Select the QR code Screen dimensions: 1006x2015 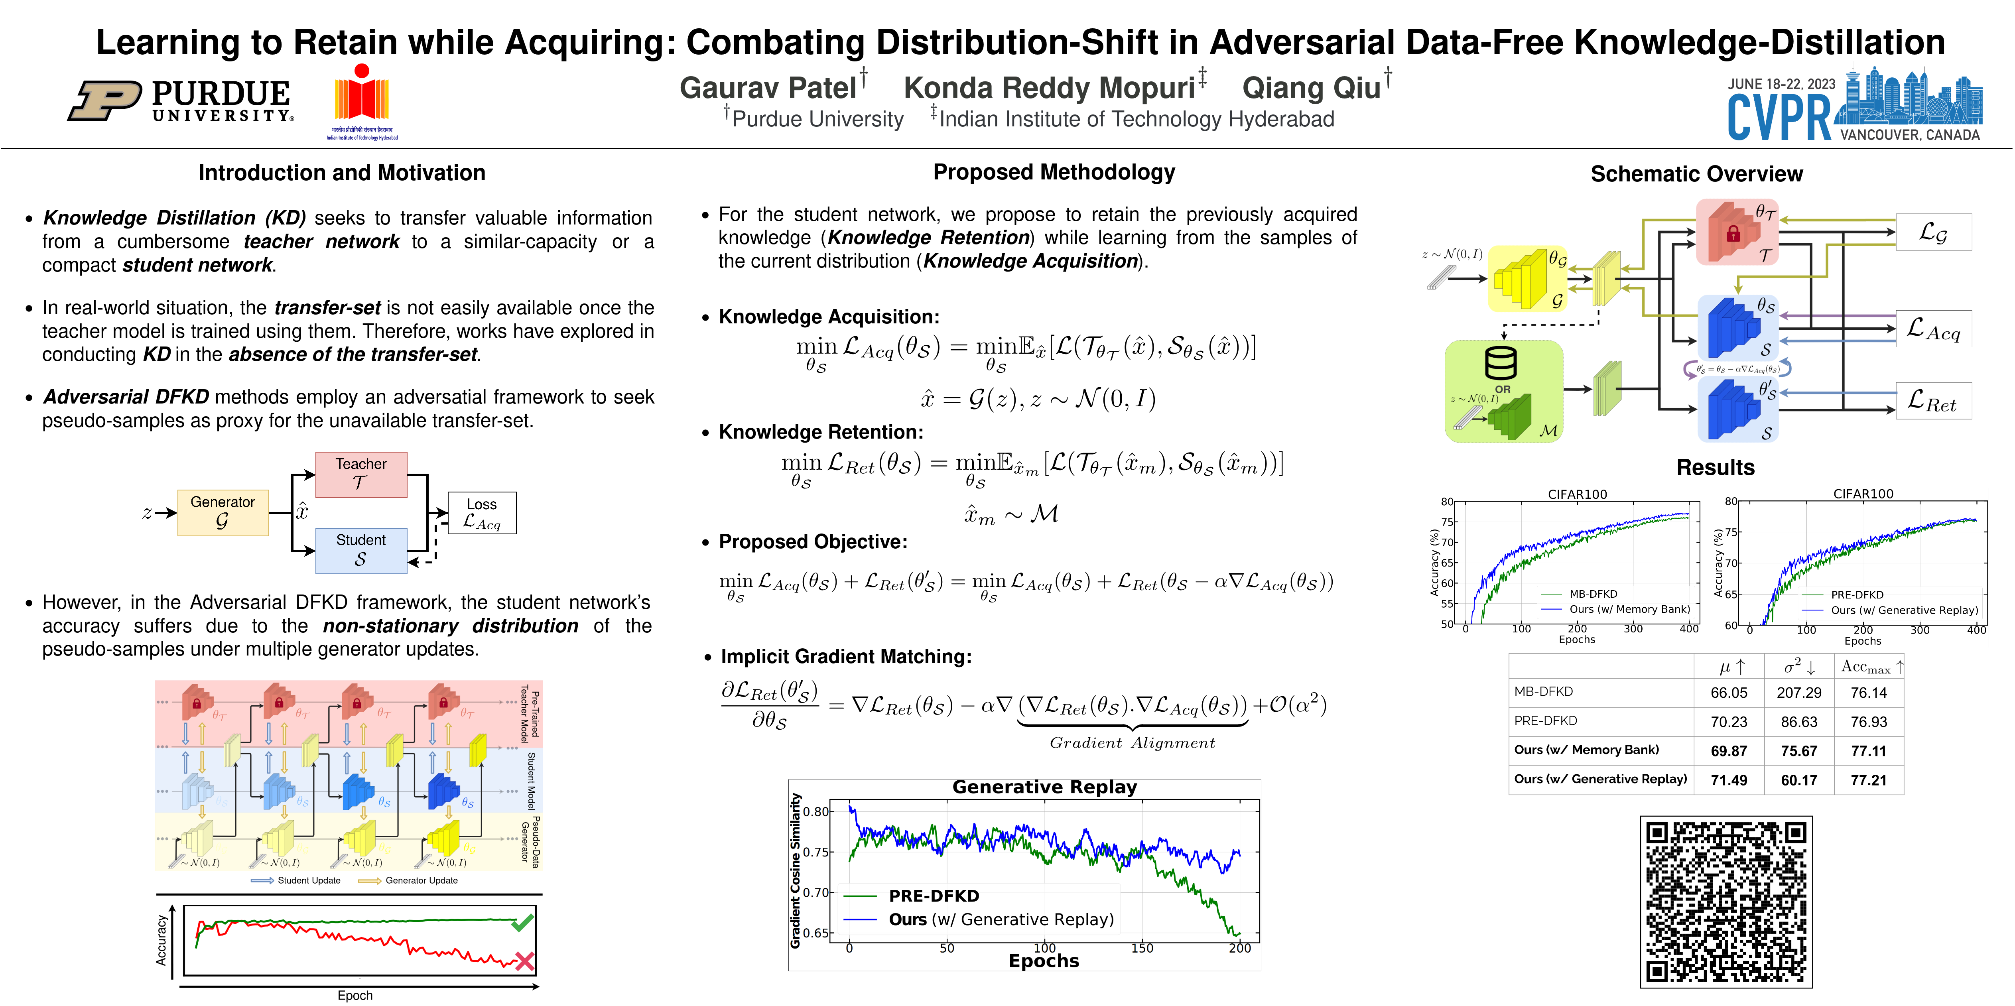click(1725, 901)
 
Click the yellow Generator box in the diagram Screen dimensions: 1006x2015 click(223, 512)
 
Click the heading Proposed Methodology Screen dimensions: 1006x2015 click(1054, 172)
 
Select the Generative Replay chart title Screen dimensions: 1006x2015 click(1044, 787)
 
